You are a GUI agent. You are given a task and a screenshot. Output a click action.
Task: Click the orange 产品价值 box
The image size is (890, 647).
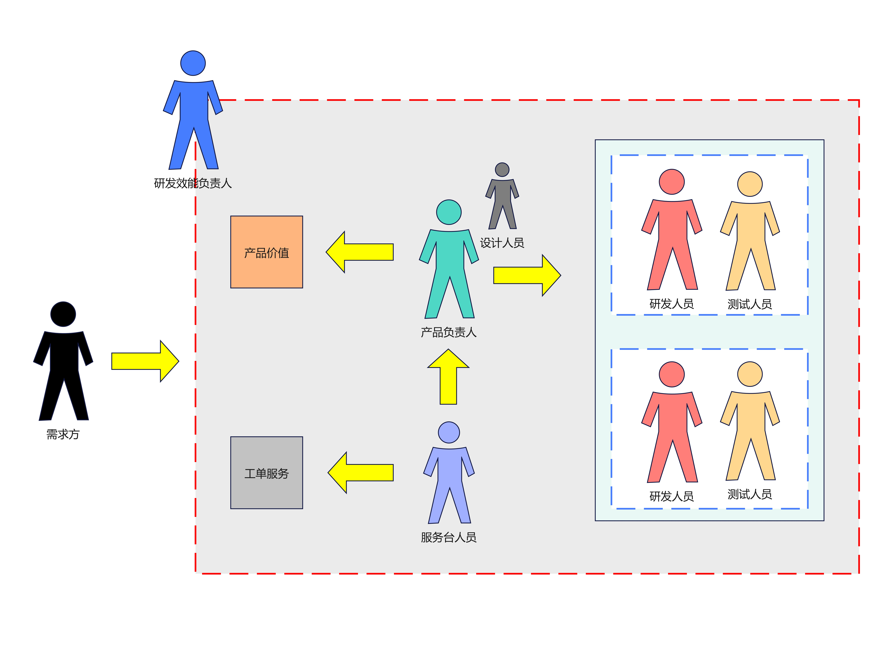point(266,252)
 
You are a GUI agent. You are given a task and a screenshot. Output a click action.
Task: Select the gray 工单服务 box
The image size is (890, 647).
point(266,473)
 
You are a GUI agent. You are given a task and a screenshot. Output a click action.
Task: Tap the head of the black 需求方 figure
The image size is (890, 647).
point(63,314)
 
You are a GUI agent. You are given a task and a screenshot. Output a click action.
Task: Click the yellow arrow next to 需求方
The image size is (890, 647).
point(145,361)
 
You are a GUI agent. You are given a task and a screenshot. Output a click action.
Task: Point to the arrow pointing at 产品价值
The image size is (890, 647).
point(359,252)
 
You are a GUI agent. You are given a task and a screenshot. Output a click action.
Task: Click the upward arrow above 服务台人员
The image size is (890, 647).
point(448,376)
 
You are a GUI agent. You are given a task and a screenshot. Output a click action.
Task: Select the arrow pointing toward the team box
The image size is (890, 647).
point(527,275)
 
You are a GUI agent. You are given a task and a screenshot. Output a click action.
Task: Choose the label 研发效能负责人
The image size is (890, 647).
point(193,183)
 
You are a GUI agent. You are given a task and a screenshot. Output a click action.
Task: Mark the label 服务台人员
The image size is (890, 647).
point(449,537)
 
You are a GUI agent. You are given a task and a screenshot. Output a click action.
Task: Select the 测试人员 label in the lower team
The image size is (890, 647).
point(750,494)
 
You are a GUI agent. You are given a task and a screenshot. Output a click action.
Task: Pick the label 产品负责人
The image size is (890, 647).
point(449,332)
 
